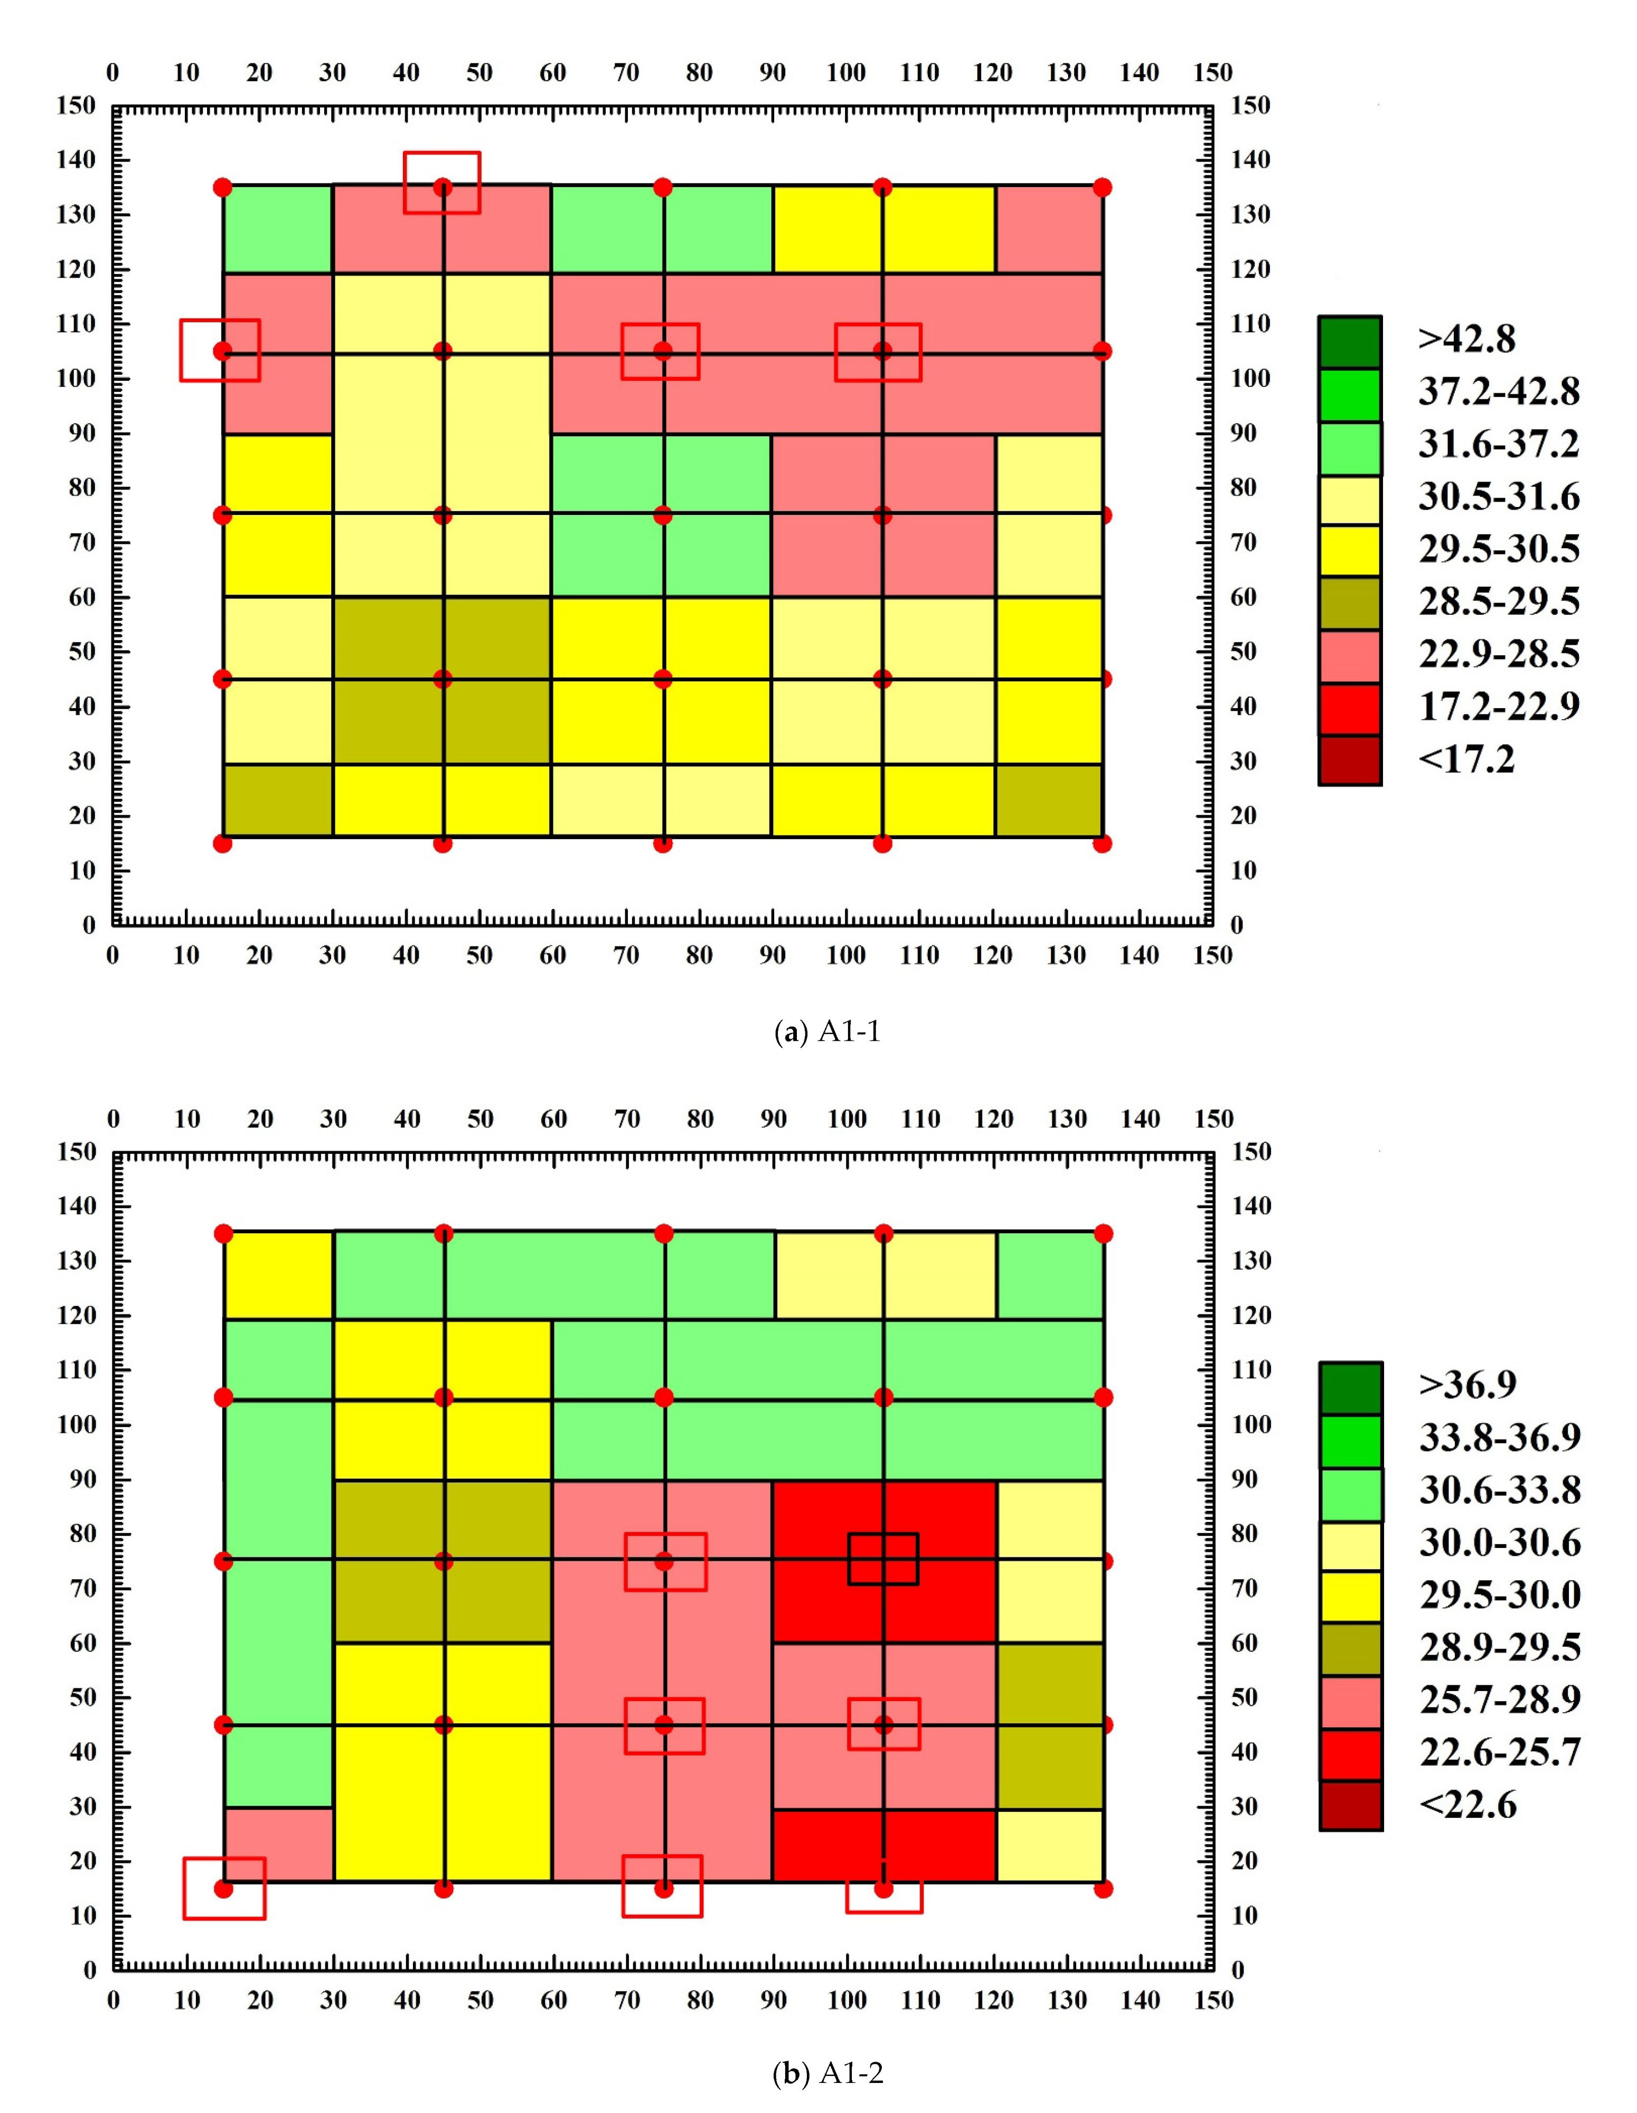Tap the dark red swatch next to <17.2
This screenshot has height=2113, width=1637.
coord(1350,759)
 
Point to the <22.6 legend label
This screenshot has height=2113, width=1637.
coord(1467,1805)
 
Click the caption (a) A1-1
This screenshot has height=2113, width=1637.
coord(827,1032)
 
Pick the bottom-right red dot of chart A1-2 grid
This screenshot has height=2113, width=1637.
coord(1103,1889)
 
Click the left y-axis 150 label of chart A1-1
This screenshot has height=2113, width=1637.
coord(77,106)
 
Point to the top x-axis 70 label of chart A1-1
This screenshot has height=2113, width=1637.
coord(626,72)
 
